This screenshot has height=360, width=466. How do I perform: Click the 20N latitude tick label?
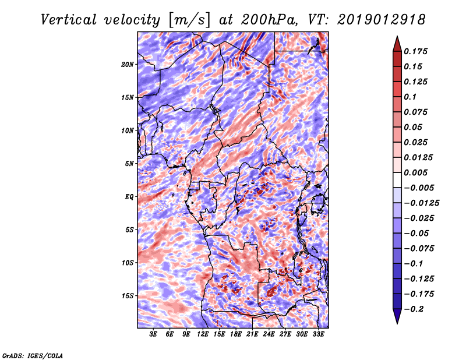(127, 65)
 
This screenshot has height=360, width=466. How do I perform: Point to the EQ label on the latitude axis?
(129, 197)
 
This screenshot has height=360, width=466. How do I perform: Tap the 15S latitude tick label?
(127, 296)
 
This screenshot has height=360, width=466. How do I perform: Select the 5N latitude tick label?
(129, 164)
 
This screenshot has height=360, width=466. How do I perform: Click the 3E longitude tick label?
(153, 334)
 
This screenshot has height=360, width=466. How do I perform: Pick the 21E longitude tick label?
(252, 334)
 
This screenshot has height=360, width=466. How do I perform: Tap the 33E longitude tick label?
(318, 334)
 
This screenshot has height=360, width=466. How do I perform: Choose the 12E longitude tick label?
(203, 334)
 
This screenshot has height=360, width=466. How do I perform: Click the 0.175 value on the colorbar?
(416, 51)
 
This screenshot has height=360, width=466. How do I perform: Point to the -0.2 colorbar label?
(414, 309)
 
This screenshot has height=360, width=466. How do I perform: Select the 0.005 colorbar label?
(416, 172)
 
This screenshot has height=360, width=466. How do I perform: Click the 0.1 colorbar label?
(411, 97)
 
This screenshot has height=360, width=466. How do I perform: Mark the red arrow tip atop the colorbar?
(397, 36)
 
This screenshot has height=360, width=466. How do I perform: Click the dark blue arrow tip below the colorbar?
(397, 323)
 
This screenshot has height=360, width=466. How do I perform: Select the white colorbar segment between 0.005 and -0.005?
(397, 180)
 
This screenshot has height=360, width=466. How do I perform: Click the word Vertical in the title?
(69, 20)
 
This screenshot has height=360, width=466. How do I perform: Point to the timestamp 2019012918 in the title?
(382, 20)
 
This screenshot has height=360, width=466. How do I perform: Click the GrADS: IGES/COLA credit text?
(33, 355)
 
